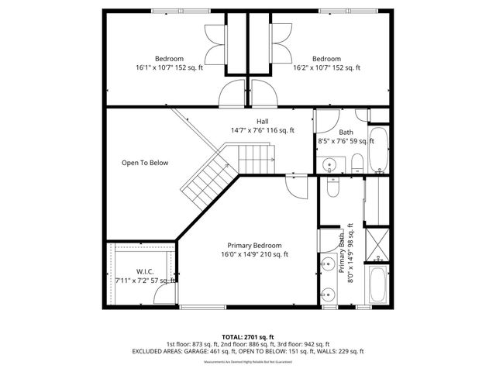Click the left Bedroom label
click(x=169, y=59)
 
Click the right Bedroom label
click(x=326, y=59)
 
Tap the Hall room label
click(x=263, y=121)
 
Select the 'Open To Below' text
click(x=145, y=163)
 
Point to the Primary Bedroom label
click(x=254, y=245)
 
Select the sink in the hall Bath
click(x=329, y=164)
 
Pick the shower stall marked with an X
click(x=378, y=244)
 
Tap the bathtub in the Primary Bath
click(x=378, y=286)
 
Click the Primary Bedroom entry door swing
click(x=296, y=184)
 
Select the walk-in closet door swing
click(x=164, y=293)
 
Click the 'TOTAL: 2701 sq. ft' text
click(x=248, y=337)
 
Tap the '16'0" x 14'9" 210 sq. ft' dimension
click(x=254, y=254)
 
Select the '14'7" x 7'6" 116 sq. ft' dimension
click(x=263, y=130)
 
